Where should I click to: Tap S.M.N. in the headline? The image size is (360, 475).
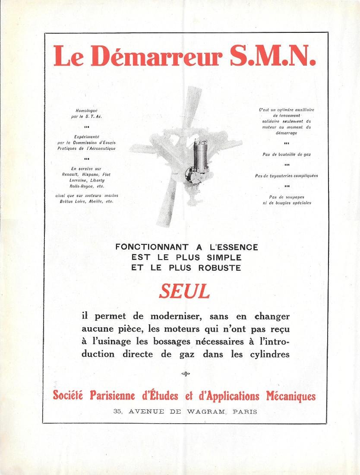(x=272, y=57)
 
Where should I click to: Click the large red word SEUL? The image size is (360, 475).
(x=184, y=292)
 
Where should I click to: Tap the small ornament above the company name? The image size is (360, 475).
(x=186, y=374)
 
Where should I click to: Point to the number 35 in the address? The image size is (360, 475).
(x=118, y=412)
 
